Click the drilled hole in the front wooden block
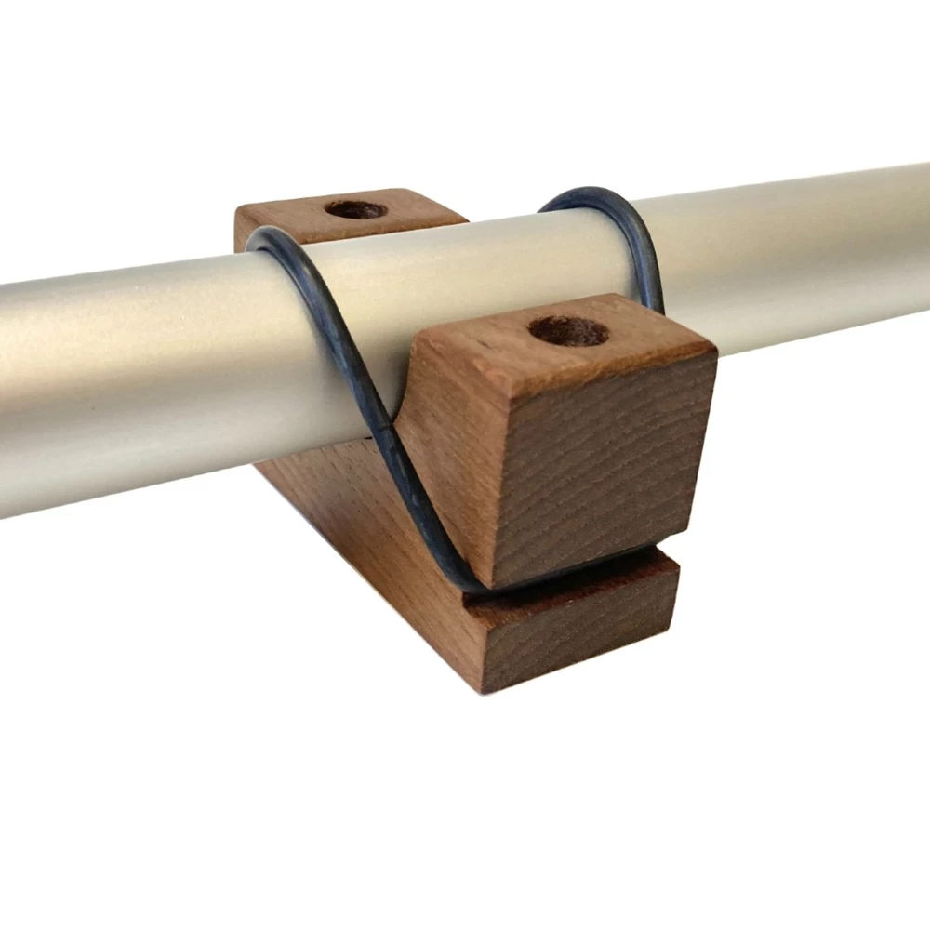point(567,330)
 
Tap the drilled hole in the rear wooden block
point(355,209)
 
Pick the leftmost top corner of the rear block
point(235,212)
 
